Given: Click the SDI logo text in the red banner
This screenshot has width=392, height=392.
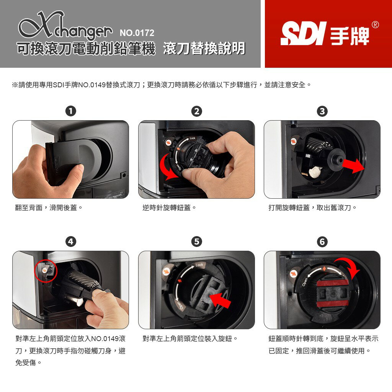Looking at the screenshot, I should click(303, 34).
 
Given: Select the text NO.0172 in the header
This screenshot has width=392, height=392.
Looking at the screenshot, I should click(137, 33).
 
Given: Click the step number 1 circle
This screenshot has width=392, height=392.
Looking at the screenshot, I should click(70, 111).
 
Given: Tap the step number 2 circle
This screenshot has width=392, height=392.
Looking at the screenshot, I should click(196, 111).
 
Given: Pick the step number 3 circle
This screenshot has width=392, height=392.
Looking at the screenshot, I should click(322, 111).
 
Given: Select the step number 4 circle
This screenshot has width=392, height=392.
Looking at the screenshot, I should click(70, 242).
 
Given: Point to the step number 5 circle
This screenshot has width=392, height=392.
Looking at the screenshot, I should click(196, 242).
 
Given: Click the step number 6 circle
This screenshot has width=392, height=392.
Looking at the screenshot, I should click(322, 242).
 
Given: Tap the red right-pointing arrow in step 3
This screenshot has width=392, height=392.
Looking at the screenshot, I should click(353, 165).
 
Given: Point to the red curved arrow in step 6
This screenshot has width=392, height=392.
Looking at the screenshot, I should click(349, 268).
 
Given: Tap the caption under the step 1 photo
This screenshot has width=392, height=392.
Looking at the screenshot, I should click(49, 208).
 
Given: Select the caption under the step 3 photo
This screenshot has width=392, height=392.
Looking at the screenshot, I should click(312, 208).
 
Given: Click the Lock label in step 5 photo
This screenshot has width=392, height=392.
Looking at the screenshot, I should click(199, 265).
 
